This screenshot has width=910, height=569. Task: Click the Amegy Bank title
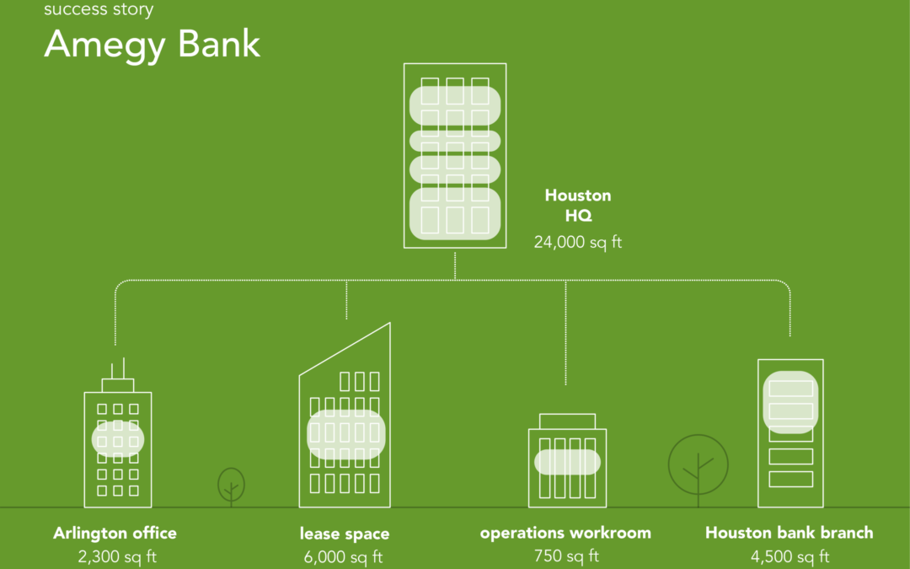(152, 44)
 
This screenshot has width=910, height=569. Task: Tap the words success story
(99, 10)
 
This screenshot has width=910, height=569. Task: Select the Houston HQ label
(578, 205)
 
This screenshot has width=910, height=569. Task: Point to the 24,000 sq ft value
(578, 243)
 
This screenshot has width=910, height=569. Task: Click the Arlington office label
(115, 533)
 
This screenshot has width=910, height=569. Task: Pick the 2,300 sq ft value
(116, 556)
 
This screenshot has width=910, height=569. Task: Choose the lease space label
(345, 534)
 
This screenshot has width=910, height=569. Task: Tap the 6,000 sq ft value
(344, 556)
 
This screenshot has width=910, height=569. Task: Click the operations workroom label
(565, 533)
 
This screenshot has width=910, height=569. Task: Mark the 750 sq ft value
(566, 556)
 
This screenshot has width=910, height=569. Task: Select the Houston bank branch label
(789, 533)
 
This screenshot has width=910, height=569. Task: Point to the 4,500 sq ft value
(790, 556)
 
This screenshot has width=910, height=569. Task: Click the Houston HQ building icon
(455, 156)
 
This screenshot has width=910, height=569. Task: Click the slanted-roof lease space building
(345, 438)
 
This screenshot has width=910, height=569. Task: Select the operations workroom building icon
(567, 464)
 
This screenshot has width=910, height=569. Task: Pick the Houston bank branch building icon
(790, 434)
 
